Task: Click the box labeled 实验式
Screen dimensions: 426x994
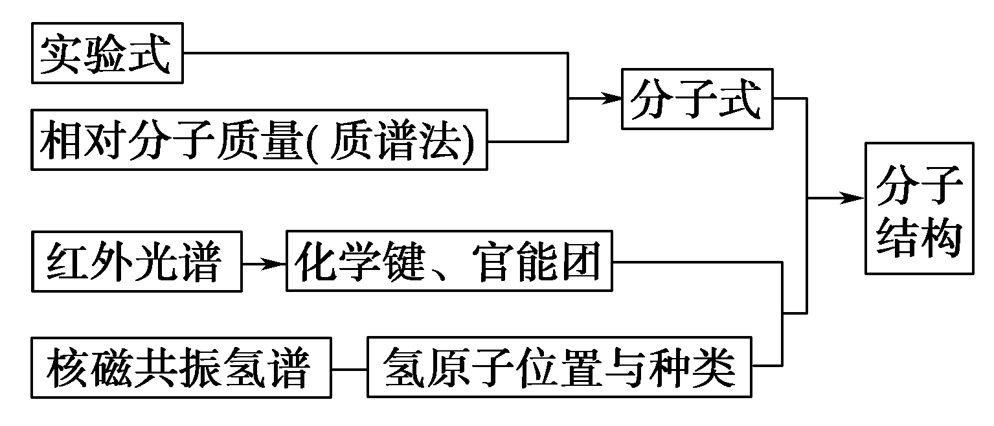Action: (x=107, y=54)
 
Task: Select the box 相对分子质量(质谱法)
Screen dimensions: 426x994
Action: (x=259, y=140)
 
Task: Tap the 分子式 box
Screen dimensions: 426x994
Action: (x=697, y=99)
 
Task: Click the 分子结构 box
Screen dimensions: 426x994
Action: (x=918, y=208)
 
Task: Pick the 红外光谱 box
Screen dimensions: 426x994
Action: (x=136, y=262)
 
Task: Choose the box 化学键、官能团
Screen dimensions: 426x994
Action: (x=449, y=262)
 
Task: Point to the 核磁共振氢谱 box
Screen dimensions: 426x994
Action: (x=181, y=367)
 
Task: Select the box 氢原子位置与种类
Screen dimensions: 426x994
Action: (x=559, y=367)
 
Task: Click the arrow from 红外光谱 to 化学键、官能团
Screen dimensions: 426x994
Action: (x=264, y=263)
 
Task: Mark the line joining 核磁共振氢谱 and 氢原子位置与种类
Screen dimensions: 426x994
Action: (x=350, y=369)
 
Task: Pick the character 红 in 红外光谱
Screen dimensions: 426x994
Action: (x=66, y=262)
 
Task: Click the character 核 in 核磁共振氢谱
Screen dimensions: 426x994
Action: (x=67, y=367)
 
